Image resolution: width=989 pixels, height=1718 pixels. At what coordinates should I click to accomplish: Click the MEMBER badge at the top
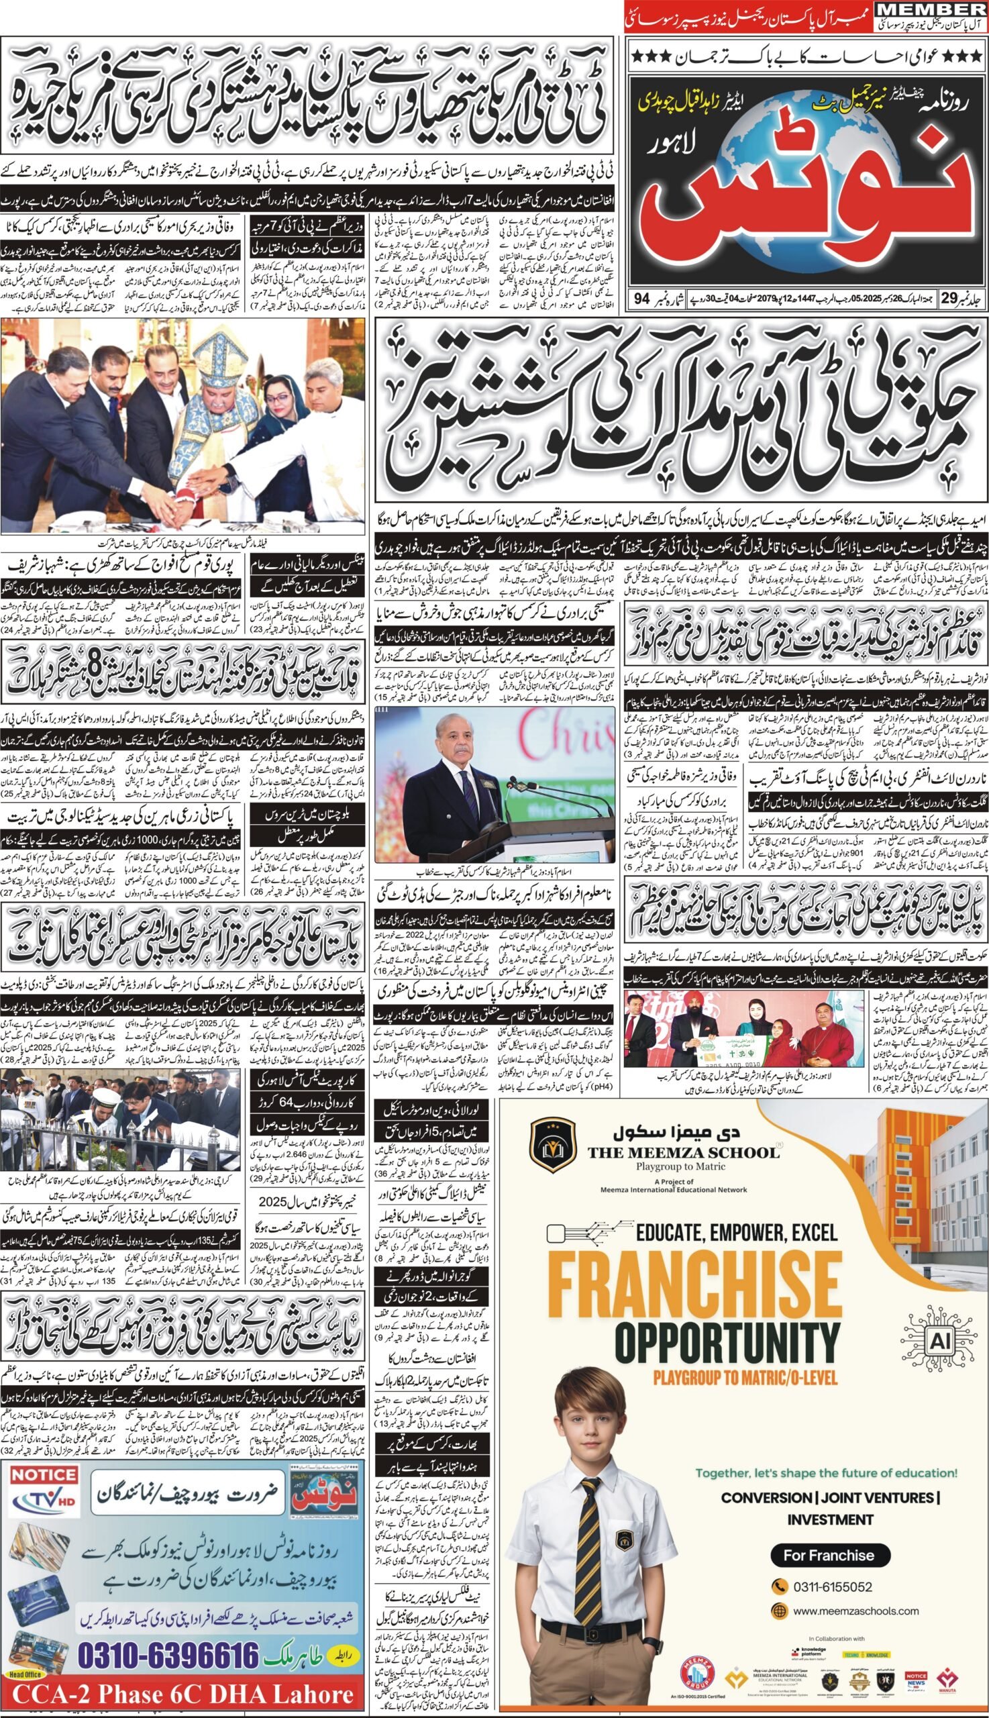pos(930,9)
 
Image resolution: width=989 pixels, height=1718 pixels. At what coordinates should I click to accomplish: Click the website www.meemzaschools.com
pos(855,1610)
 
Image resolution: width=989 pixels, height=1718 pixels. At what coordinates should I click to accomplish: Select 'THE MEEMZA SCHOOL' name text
pos(683,1152)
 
